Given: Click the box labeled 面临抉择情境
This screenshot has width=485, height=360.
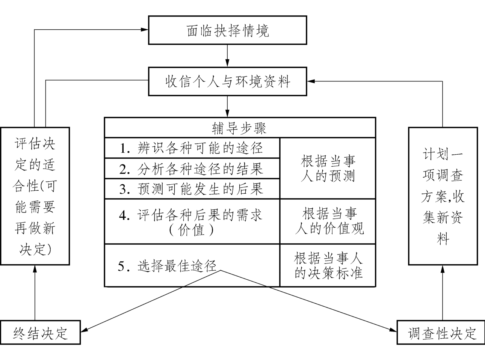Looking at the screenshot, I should pyautogui.click(x=228, y=30).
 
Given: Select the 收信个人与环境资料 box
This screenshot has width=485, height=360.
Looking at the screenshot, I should pyautogui.click(x=228, y=81).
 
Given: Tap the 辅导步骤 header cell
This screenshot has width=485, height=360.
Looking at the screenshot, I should pyautogui.click(x=240, y=128).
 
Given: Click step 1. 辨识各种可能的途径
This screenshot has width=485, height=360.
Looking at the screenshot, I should pyautogui.click(x=192, y=148).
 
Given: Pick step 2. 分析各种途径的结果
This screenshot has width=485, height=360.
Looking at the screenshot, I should pyautogui.click(x=192, y=169).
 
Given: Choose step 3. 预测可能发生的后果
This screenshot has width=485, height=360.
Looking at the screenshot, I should pyautogui.click(x=192, y=189).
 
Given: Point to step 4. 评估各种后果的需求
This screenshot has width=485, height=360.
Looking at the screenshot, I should pyautogui.click(x=192, y=221).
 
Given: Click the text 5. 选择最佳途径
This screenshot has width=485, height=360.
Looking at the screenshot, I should pyautogui.click(x=167, y=266).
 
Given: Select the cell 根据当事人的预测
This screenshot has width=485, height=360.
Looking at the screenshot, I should pyautogui.click(x=328, y=169).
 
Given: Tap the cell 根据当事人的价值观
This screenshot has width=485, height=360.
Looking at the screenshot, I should pyautogui.click(x=328, y=221).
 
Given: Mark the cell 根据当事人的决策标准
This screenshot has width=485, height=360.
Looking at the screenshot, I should pyautogui.click(x=328, y=266).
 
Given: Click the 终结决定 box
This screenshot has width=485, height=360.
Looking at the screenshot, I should pyautogui.click(x=40, y=333).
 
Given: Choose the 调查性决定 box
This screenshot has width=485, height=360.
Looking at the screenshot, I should pyautogui.click(x=442, y=333).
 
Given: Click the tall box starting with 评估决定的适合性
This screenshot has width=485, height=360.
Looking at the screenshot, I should pyautogui.click(x=35, y=196).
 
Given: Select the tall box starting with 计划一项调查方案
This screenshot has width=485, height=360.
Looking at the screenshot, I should pyautogui.click(x=443, y=196).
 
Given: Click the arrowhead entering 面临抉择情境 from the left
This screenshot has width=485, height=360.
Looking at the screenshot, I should pyautogui.click(x=145, y=30).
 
